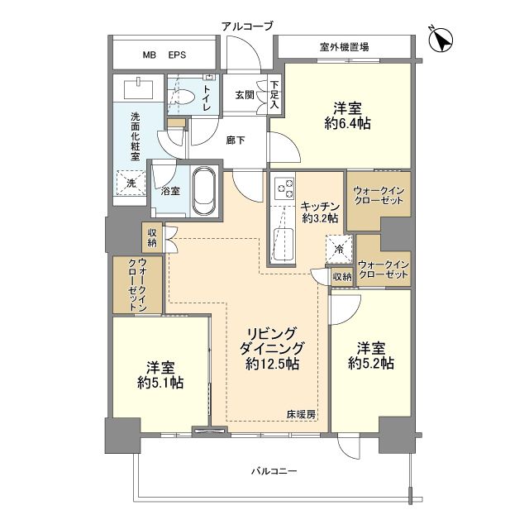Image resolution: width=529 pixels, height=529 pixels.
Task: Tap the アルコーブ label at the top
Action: [x=246, y=26]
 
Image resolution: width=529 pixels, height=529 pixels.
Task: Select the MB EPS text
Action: [x=164, y=55]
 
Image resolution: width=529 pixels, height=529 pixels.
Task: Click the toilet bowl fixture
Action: [x=186, y=97]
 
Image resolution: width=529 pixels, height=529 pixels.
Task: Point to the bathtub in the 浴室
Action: [x=203, y=190]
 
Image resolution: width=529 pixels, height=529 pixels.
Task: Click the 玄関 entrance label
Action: [x=245, y=96]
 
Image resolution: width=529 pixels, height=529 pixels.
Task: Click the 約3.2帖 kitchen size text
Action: [x=320, y=219]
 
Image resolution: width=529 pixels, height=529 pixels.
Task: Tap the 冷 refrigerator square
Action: [x=340, y=247]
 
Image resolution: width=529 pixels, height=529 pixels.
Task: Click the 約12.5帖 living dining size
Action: [x=272, y=364]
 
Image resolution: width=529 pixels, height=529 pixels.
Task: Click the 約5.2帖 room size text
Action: [x=370, y=363]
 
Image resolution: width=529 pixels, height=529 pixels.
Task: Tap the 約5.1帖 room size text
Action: [x=160, y=383]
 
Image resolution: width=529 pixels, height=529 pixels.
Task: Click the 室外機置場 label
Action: [x=345, y=47]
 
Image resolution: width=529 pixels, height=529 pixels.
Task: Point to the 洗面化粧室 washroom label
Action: [x=133, y=136]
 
